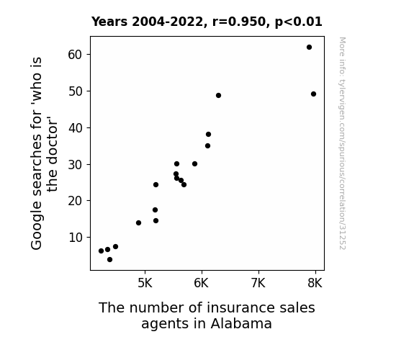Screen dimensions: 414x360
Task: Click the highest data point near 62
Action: tap(309, 48)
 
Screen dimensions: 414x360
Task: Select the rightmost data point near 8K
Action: tap(313, 94)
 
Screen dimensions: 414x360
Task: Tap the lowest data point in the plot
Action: tap(110, 260)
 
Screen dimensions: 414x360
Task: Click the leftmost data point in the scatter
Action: tap(101, 251)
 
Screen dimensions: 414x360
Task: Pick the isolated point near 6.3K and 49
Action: tap(218, 95)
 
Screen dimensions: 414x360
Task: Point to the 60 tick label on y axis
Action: tap(76, 55)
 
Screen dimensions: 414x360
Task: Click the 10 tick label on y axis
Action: tap(76, 238)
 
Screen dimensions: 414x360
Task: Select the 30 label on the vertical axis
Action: tap(76, 165)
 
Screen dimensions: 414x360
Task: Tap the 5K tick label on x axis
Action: tap(145, 283)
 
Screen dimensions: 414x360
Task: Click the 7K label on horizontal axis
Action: tap(258, 283)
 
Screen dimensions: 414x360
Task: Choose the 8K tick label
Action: tap(315, 283)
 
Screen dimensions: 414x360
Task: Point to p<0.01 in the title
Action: tap(299, 22)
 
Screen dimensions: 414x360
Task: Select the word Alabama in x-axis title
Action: tap(241, 323)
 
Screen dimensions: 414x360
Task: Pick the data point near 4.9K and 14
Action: tap(139, 223)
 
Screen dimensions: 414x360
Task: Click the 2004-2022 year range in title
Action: tap(167, 22)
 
